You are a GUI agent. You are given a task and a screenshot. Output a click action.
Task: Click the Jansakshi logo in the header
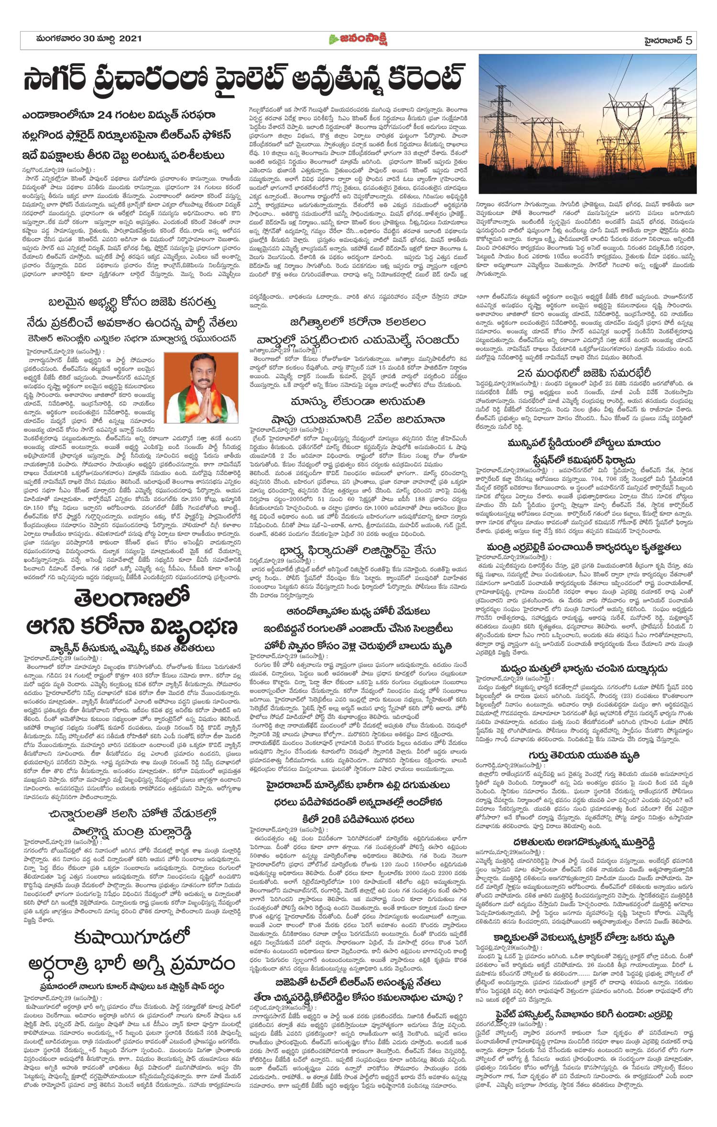(358, 40)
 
